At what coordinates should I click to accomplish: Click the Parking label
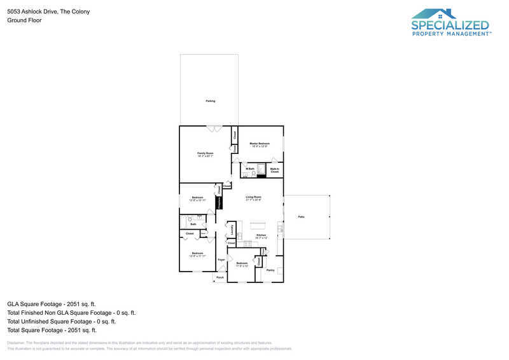210,101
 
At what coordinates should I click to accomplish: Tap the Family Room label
205,154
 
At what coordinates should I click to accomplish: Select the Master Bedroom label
259,144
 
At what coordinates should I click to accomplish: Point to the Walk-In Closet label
274,170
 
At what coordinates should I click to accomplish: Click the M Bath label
250,169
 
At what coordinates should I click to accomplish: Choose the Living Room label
254,198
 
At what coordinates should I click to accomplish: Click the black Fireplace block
220,202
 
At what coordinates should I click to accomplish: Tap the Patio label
301,217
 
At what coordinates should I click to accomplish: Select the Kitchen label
261,235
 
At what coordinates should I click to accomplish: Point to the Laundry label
232,228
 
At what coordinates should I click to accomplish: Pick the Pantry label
270,270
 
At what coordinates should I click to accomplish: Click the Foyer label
221,260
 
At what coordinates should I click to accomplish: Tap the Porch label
220,278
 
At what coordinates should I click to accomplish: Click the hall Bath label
193,224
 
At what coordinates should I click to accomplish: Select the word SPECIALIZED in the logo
450,25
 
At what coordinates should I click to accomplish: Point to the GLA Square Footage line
52,304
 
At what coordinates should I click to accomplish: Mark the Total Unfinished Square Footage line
61,321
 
